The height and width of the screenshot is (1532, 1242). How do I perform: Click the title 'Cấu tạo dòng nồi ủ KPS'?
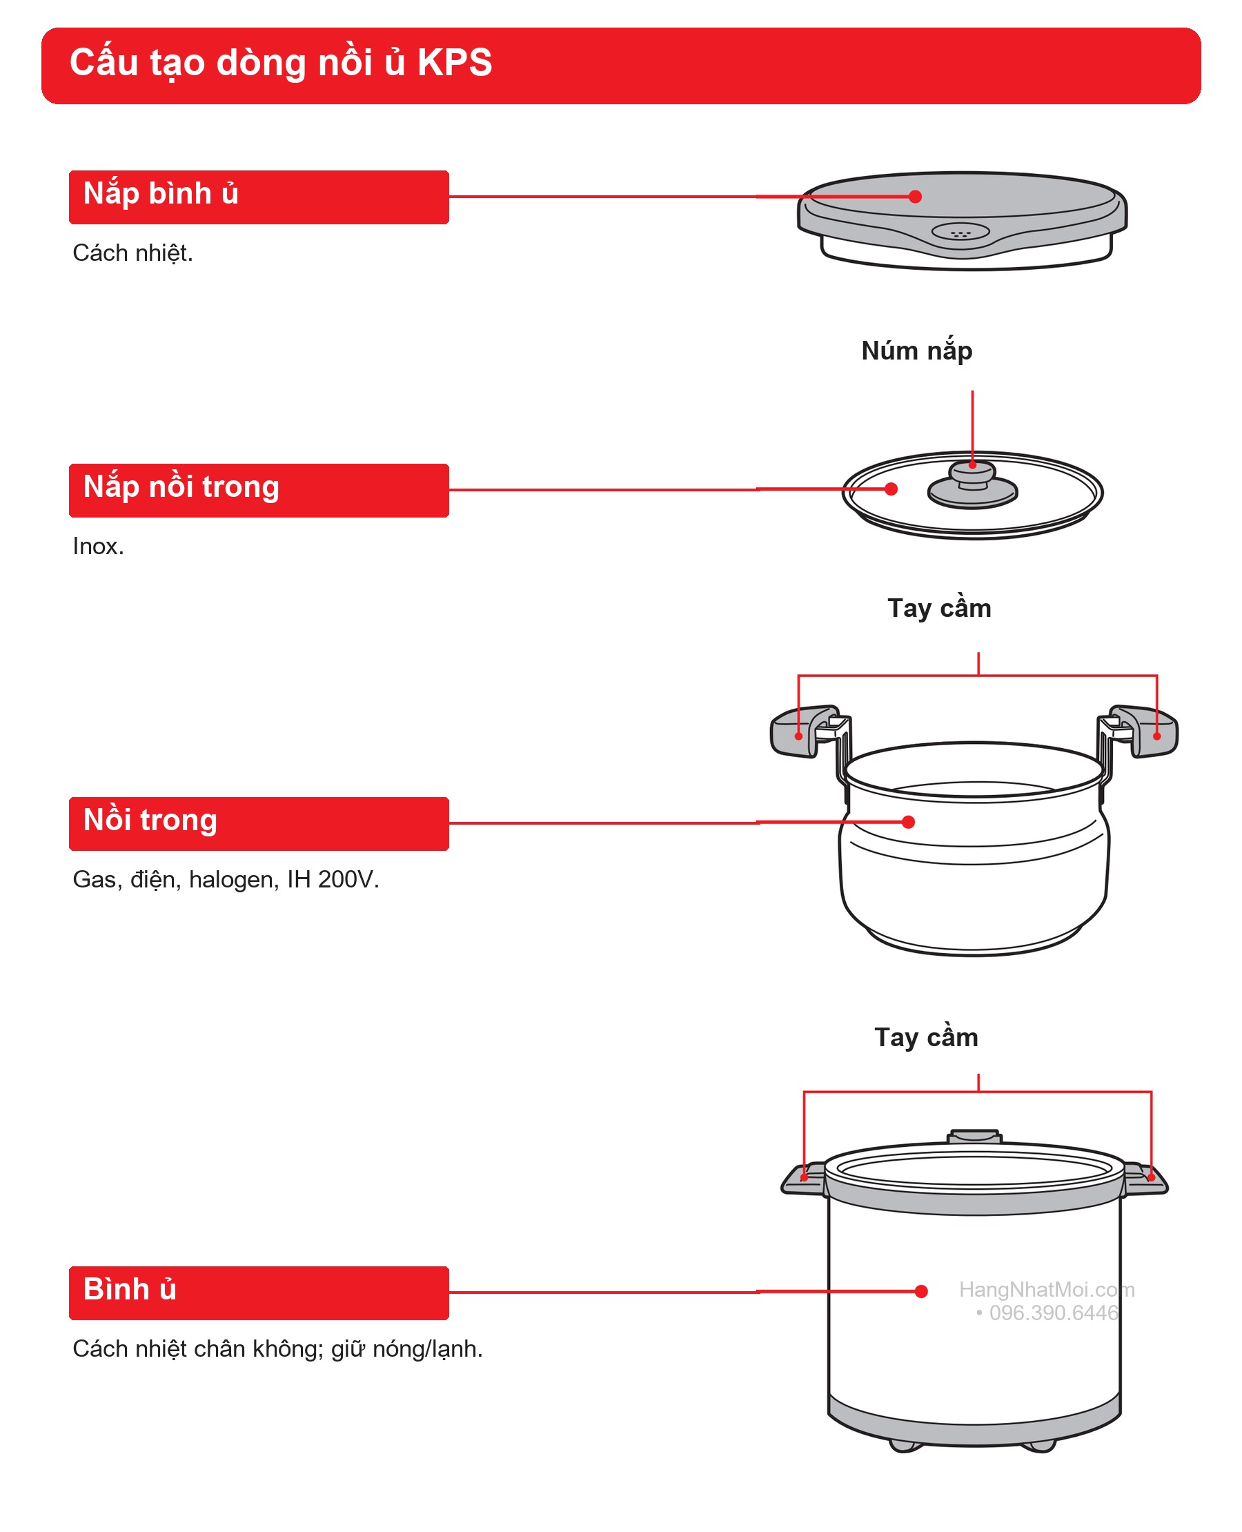(x=280, y=63)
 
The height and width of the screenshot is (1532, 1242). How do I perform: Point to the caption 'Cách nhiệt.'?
(x=132, y=253)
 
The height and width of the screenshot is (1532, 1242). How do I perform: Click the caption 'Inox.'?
(x=98, y=547)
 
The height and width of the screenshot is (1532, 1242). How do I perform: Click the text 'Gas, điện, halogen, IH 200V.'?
(x=226, y=879)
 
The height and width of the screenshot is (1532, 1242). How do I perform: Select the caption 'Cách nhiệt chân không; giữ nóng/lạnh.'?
(x=277, y=1349)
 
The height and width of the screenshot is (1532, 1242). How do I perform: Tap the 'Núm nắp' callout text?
(x=916, y=351)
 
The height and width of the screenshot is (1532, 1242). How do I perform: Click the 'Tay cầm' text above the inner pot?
(x=939, y=607)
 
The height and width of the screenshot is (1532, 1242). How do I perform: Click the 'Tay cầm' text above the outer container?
(x=926, y=1037)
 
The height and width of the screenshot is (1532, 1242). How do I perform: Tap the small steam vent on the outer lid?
(x=960, y=232)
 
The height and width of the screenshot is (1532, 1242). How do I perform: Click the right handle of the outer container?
(x=1146, y=1179)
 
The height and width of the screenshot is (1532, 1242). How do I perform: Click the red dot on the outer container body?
(x=921, y=1292)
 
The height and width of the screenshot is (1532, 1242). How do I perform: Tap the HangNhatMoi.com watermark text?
(x=1047, y=1289)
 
